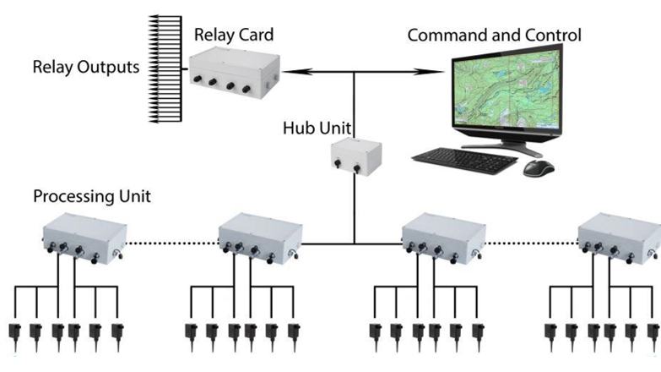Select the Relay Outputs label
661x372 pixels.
coord(85,66)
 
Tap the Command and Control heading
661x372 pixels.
coord(494,36)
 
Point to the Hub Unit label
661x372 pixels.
coord(317,129)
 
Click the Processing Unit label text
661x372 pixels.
coord(91,196)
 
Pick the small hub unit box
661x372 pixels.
coord(355,158)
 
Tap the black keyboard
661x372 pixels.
coord(465,158)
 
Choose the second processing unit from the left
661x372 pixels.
coord(259,233)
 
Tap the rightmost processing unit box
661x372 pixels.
coord(618,233)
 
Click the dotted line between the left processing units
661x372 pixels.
coord(172,243)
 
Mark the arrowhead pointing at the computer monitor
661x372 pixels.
coord(441,73)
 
